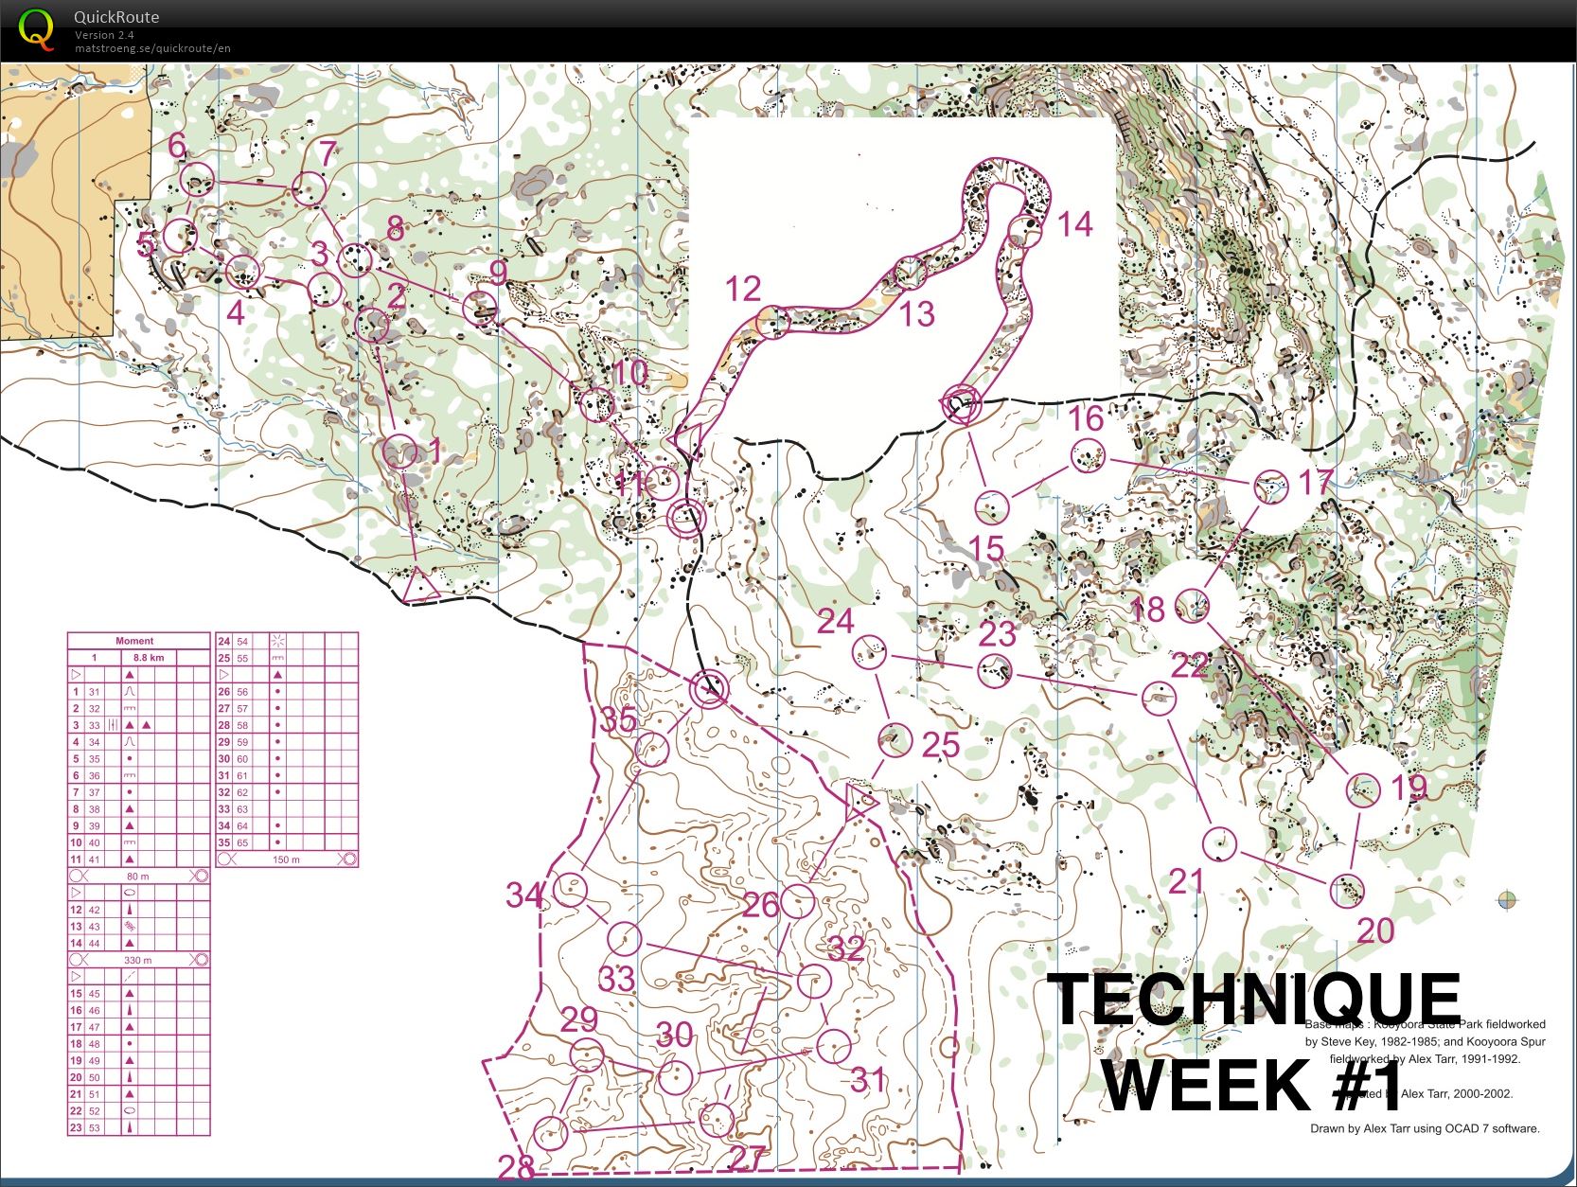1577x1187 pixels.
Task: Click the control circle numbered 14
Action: tap(1024, 230)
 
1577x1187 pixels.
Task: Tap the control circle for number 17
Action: tap(1270, 487)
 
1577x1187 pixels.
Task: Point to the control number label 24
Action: tap(836, 622)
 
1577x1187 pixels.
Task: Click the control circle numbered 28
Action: tap(550, 1132)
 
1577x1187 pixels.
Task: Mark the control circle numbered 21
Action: tap(1219, 842)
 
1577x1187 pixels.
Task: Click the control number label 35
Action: tap(618, 721)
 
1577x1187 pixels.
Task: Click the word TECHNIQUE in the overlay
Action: tap(1257, 1000)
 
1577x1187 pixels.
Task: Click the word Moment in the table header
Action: tap(134, 641)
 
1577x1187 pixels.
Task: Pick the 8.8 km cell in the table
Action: tap(149, 657)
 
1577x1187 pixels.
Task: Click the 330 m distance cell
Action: tap(138, 960)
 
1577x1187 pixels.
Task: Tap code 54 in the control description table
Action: tap(242, 642)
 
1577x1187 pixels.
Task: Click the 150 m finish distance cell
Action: tap(286, 859)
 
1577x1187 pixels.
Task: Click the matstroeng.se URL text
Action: tap(152, 48)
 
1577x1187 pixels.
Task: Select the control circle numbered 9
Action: tap(480, 309)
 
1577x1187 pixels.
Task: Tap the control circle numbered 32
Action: tap(813, 981)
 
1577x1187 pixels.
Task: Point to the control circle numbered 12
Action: tap(773, 323)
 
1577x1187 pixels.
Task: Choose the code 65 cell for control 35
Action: tap(242, 842)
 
